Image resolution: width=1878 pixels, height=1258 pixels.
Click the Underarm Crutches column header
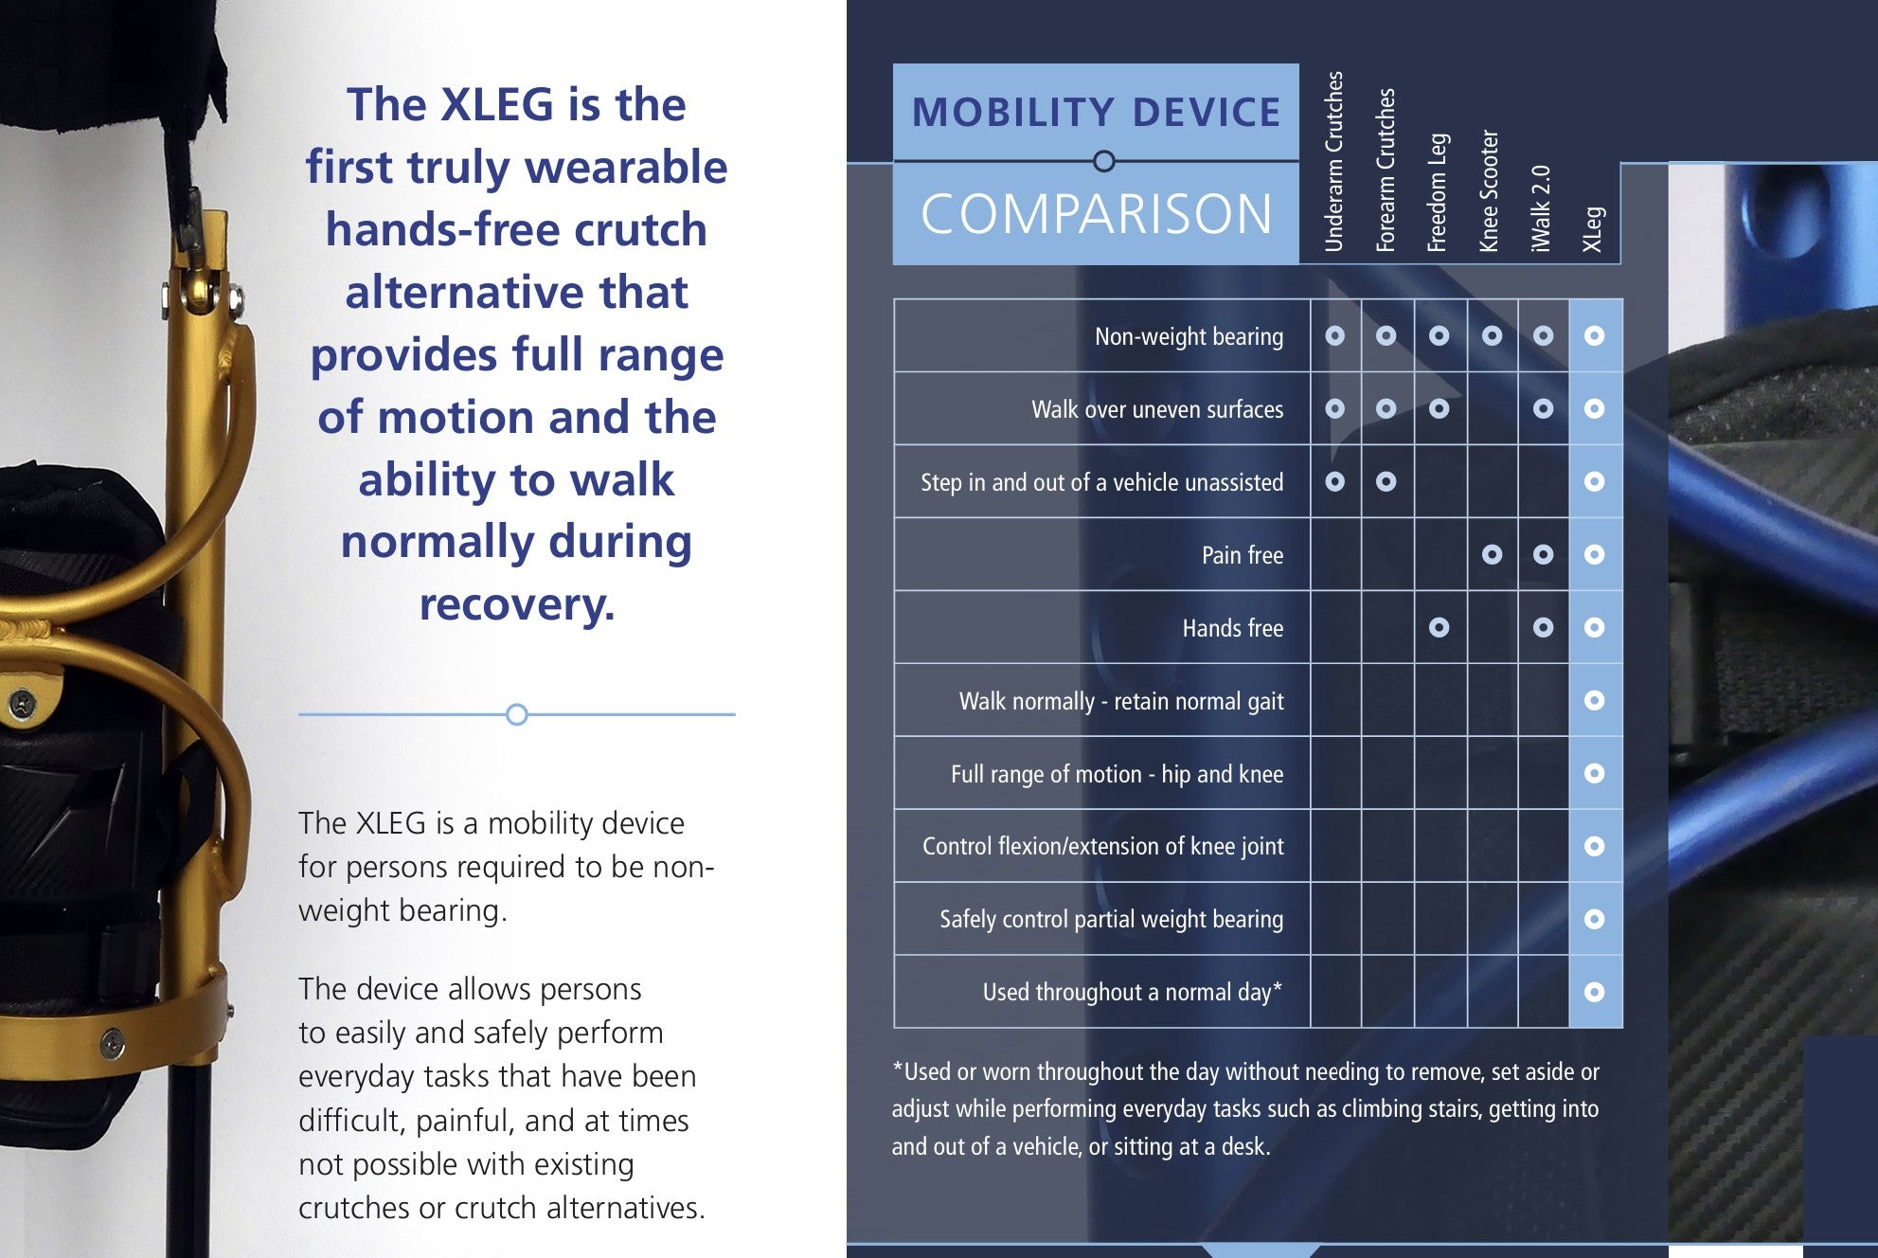click(x=1334, y=161)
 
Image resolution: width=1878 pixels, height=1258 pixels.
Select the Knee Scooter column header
click(x=1490, y=190)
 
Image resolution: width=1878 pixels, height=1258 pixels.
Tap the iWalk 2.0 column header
click(x=1542, y=208)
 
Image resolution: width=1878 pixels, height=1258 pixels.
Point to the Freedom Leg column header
click(x=1438, y=192)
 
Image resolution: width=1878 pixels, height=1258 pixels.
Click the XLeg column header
click(x=1593, y=229)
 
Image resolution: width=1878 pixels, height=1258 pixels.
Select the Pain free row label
click(x=1242, y=555)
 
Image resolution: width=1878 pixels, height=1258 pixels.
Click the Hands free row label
click(x=1232, y=628)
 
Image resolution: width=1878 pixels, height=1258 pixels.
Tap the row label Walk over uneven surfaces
click(x=1156, y=409)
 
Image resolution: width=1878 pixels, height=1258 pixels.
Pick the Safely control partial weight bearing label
click(x=1111, y=919)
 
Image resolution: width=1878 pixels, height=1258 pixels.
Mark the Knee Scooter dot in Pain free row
click(x=1492, y=555)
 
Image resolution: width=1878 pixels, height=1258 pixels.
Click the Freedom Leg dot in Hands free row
click(x=1439, y=627)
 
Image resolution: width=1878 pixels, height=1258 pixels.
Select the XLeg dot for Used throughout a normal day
click(x=1594, y=992)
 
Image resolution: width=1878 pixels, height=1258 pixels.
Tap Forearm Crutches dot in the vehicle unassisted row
click(x=1386, y=482)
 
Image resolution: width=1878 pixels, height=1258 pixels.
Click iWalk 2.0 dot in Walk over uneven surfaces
click(x=1543, y=409)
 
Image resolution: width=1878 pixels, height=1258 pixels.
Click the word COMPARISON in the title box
click(x=1096, y=214)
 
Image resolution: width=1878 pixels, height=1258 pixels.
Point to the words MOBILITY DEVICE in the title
click(x=1096, y=113)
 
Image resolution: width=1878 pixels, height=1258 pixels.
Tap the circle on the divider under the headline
click(x=516, y=714)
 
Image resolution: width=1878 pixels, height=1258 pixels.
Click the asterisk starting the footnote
click(x=897, y=1068)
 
